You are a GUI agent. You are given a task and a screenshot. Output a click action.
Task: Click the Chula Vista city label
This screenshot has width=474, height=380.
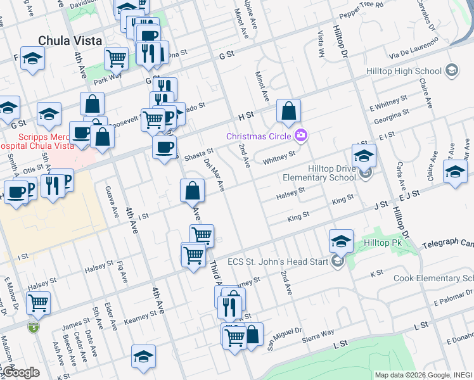(70, 41)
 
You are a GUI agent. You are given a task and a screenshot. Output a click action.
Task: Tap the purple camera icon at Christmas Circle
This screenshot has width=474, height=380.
(301, 134)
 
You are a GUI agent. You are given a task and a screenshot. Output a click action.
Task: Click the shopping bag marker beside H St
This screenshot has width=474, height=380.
(288, 111)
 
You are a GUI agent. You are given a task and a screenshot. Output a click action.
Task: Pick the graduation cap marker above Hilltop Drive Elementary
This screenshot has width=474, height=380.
(364, 155)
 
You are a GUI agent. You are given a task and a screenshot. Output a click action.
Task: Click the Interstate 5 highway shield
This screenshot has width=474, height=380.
(33, 327)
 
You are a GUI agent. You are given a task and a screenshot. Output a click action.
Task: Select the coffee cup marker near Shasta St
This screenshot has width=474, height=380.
(164, 148)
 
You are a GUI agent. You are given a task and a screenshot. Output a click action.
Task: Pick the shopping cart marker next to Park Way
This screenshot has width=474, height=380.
(116, 58)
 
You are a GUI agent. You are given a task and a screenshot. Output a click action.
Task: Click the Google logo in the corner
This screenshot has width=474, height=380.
(20, 372)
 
